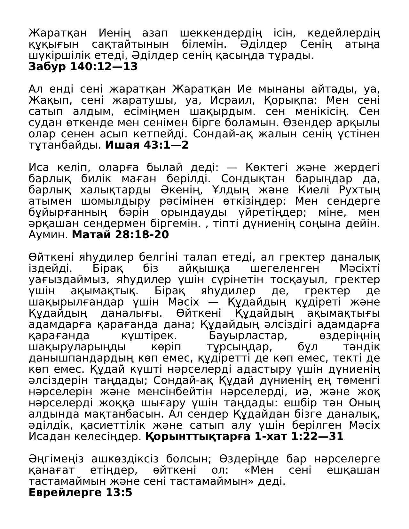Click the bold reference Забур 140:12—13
(x=83, y=67)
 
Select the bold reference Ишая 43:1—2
(x=147, y=145)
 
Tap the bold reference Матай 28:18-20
(x=120, y=235)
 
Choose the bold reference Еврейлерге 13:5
(x=80, y=492)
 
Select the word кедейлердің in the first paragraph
(x=344, y=33)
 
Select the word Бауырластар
(x=248, y=336)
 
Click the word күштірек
(x=149, y=336)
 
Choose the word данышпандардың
(x=81, y=358)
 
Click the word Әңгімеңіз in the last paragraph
(x=56, y=459)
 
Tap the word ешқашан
(x=353, y=470)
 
